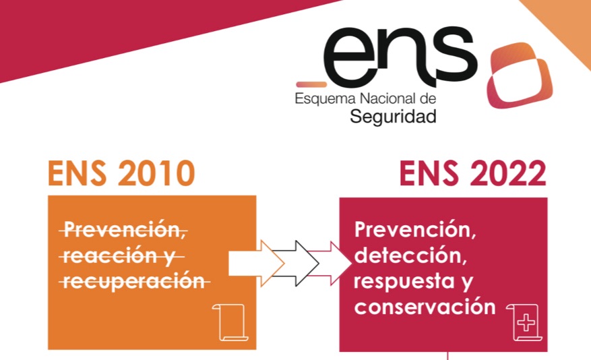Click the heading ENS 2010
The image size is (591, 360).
pyautogui.click(x=121, y=173)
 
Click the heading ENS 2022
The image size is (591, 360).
pyautogui.click(x=472, y=173)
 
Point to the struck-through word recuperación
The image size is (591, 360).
pyautogui.click(x=134, y=282)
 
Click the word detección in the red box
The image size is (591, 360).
pyautogui.click(x=408, y=256)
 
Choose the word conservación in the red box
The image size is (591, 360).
pyautogui.click(x=425, y=307)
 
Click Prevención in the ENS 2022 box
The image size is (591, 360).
pyautogui.click(x=415, y=230)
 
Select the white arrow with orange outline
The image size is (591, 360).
pyautogui.click(x=256, y=263)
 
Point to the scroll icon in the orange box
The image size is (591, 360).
pyautogui.click(x=230, y=322)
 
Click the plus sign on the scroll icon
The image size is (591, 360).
pyautogui.click(x=526, y=322)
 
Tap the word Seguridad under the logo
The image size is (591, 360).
pyautogui.click(x=393, y=117)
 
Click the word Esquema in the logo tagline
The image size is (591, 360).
pyautogui.click(x=325, y=99)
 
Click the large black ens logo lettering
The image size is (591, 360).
pyautogui.click(x=400, y=57)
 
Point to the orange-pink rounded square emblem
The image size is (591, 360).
pyautogui.click(x=520, y=76)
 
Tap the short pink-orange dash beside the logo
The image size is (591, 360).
pyautogui.click(x=311, y=84)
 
